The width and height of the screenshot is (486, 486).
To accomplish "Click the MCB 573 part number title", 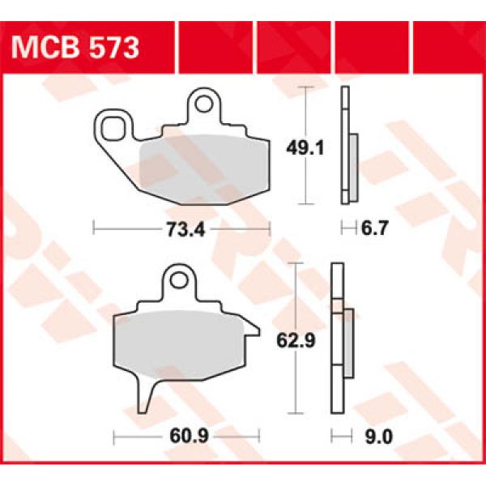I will coord(75,45).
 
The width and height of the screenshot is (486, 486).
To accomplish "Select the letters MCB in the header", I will coord(44,45).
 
